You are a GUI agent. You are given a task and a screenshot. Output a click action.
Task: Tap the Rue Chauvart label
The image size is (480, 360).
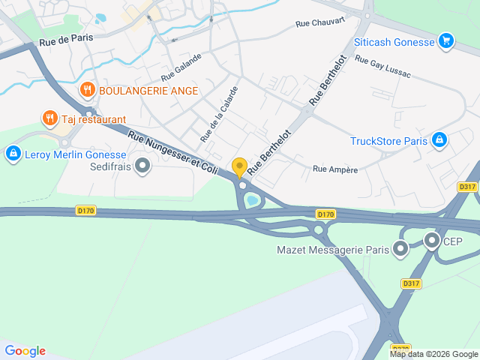[320, 22]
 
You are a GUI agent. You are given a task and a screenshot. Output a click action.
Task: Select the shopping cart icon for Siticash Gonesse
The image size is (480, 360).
[446, 40]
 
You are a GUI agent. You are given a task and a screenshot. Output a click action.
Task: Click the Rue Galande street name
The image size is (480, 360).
[181, 67]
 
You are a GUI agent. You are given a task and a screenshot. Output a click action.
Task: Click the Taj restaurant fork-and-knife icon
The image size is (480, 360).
[49, 118]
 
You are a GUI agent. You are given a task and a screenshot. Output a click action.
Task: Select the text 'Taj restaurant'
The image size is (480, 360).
[94, 119]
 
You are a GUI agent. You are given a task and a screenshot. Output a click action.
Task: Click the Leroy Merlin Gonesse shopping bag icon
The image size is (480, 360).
[12, 154]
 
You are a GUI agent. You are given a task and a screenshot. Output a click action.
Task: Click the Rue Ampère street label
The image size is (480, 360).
[335, 170]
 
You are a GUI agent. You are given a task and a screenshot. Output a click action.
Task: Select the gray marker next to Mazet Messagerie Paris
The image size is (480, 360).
[401, 247]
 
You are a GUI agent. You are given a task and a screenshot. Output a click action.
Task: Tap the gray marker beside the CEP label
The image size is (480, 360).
[432, 241]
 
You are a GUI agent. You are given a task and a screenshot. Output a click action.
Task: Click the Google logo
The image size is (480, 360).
[25, 351]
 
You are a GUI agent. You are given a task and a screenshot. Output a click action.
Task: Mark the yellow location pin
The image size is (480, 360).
[240, 168]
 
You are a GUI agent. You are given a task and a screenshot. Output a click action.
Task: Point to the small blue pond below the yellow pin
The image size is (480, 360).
[252, 200]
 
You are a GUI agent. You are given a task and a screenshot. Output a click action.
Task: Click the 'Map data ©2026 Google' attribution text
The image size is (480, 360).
[433, 354]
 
